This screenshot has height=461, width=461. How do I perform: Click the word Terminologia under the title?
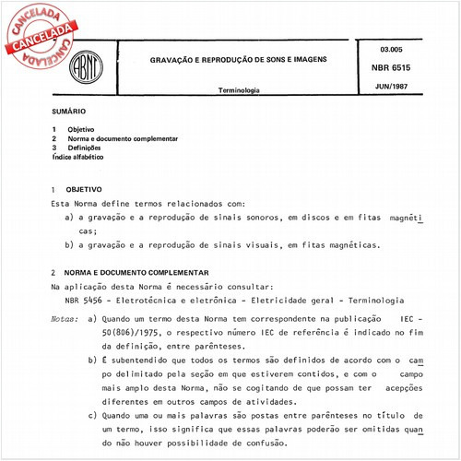239,91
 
